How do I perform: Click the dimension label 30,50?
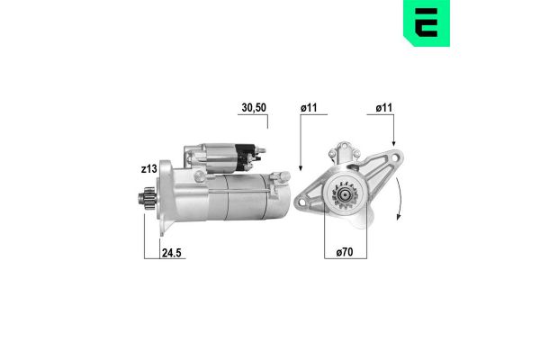click(255, 108)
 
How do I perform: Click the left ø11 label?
click(310, 108)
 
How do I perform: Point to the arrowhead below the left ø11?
click(300, 170)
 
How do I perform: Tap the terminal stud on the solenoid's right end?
click(262, 154)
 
